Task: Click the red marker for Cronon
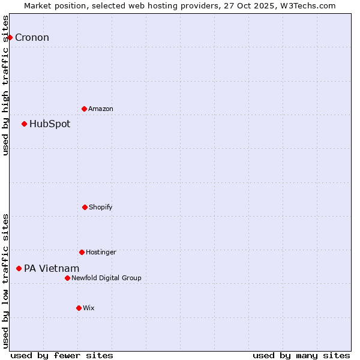pyautogui.click(x=10, y=37)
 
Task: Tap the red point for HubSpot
pyautogui.click(x=24, y=124)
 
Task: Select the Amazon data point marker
pyautogui.click(x=84, y=109)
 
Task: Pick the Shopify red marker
pyautogui.click(x=85, y=207)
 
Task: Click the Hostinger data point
pyautogui.click(x=82, y=252)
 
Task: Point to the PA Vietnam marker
pyautogui.click(x=19, y=268)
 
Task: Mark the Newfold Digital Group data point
pyautogui.click(x=67, y=278)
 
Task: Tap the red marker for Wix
pyautogui.click(x=79, y=308)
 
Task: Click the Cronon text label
pyautogui.click(x=32, y=38)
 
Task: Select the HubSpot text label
pyautogui.click(x=50, y=124)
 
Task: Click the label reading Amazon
pyautogui.click(x=101, y=109)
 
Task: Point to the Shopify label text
pyautogui.click(x=101, y=207)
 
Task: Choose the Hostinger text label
pyautogui.click(x=101, y=252)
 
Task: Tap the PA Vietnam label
pyautogui.click(x=52, y=269)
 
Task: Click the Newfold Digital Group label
pyautogui.click(x=106, y=278)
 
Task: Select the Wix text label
pyautogui.click(x=89, y=308)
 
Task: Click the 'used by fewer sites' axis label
pyautogui.click(x=62, y=355)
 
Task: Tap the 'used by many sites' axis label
pyautogui.click(x=301, y=355)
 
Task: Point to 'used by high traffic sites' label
pyautogui.click(x=5, y=85)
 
